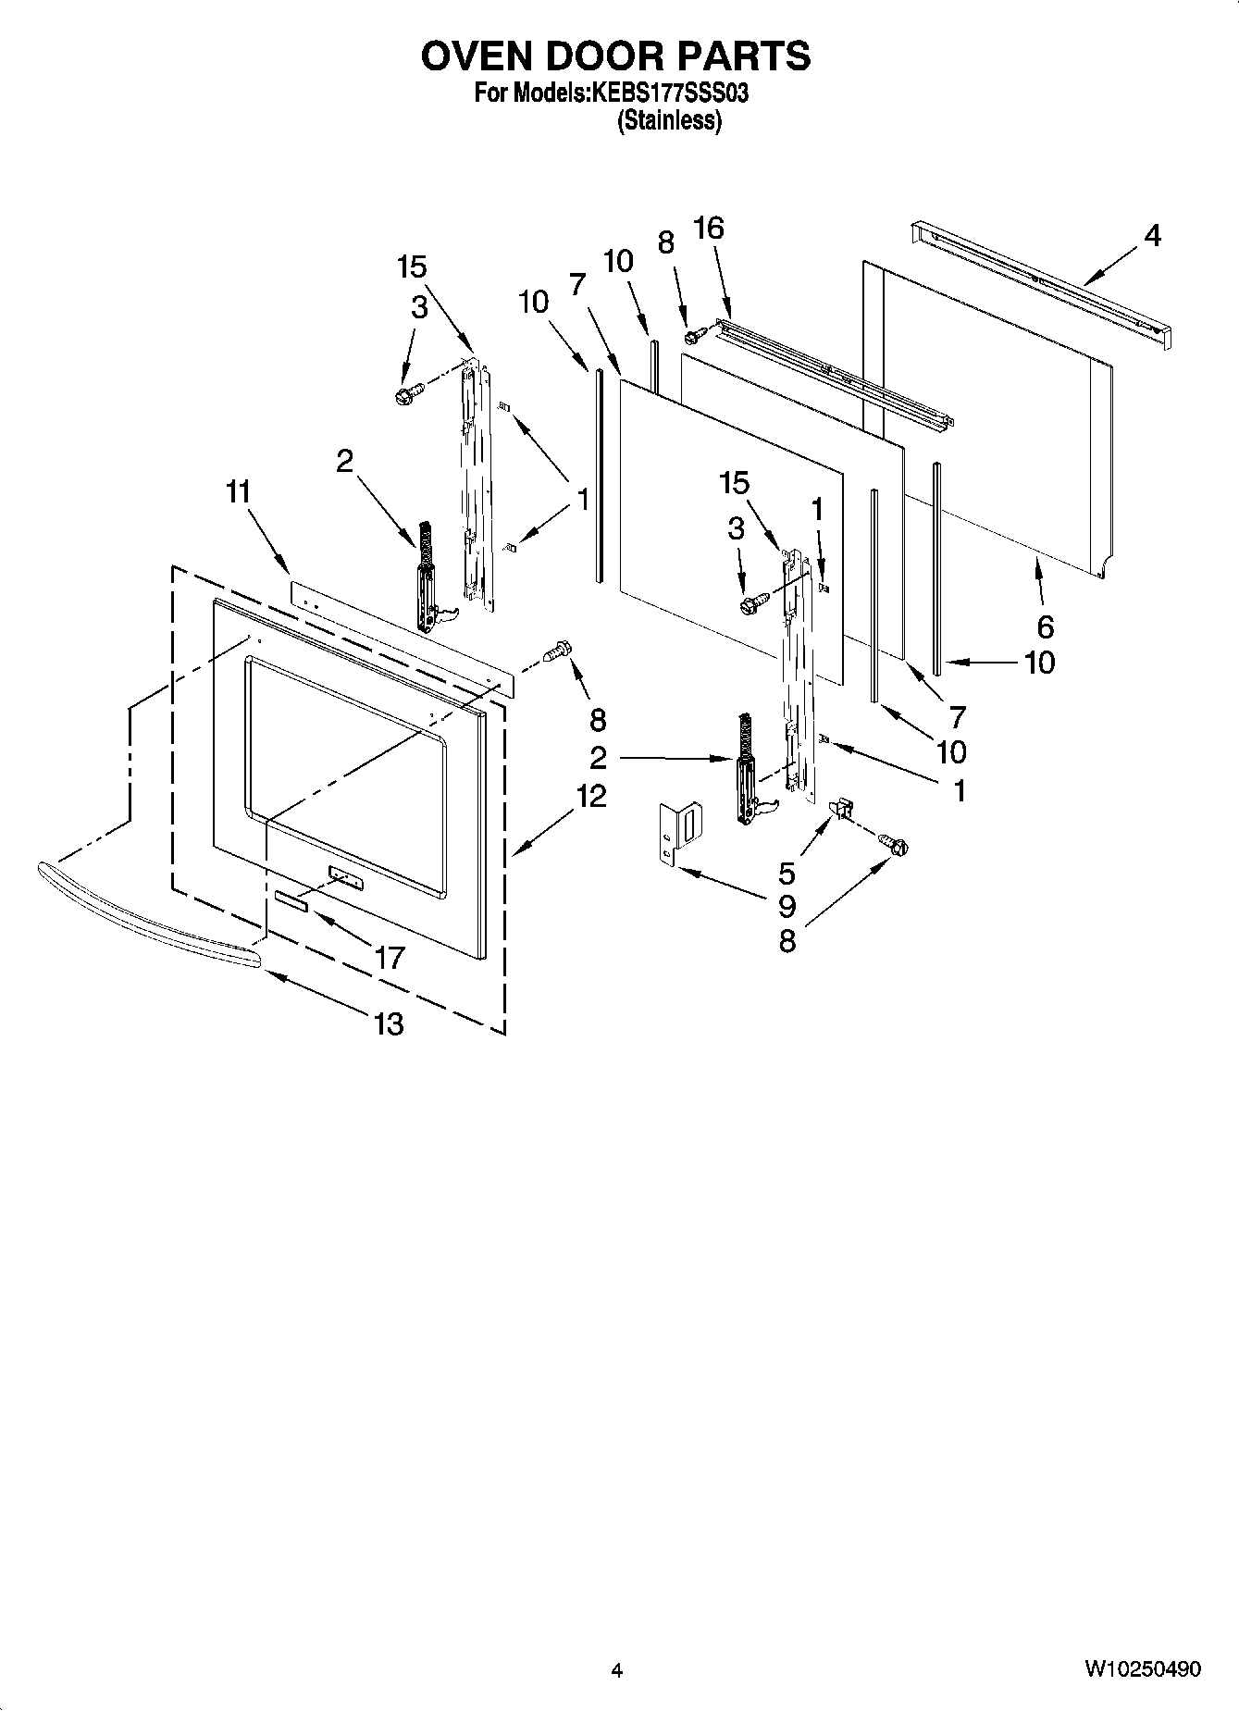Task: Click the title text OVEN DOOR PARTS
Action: [615, 56]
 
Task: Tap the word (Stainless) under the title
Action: [669, 120]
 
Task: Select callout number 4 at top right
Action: [1151, 236]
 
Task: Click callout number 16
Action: [709, 228]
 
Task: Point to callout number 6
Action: [1045, 626]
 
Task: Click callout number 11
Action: [239, 492]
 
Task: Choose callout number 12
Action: [590, 796]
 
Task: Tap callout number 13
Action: [389, 1023]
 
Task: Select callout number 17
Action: [390, 958]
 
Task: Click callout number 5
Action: [787, 873]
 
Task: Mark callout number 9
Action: [787, 907]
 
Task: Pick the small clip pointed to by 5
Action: [842, 808]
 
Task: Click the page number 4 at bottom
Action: [617, 1670]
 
